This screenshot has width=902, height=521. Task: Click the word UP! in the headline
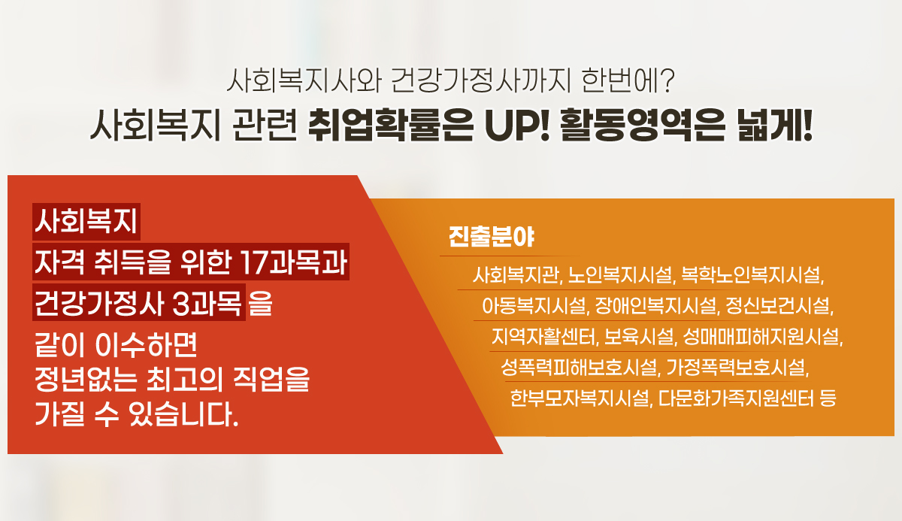(x=516, y=126)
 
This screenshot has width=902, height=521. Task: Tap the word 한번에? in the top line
(x=628, y=81)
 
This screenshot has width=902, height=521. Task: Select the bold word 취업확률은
(x=390, y=126)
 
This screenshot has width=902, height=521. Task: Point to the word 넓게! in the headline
(x=774, y=126)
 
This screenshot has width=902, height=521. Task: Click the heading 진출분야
(x=492, y=237)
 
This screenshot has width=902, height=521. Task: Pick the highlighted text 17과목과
(x=294, y=262)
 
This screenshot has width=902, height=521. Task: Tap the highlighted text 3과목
(x=206, y=303)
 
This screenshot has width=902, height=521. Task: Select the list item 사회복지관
(x=516, y=275)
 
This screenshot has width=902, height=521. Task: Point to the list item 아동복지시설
(x=534, y=306)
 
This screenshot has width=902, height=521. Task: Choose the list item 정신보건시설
(x=778, y=306)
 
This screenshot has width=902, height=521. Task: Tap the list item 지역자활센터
(x=543, y=337)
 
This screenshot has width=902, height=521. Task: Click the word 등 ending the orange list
(x=828, y=398)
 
